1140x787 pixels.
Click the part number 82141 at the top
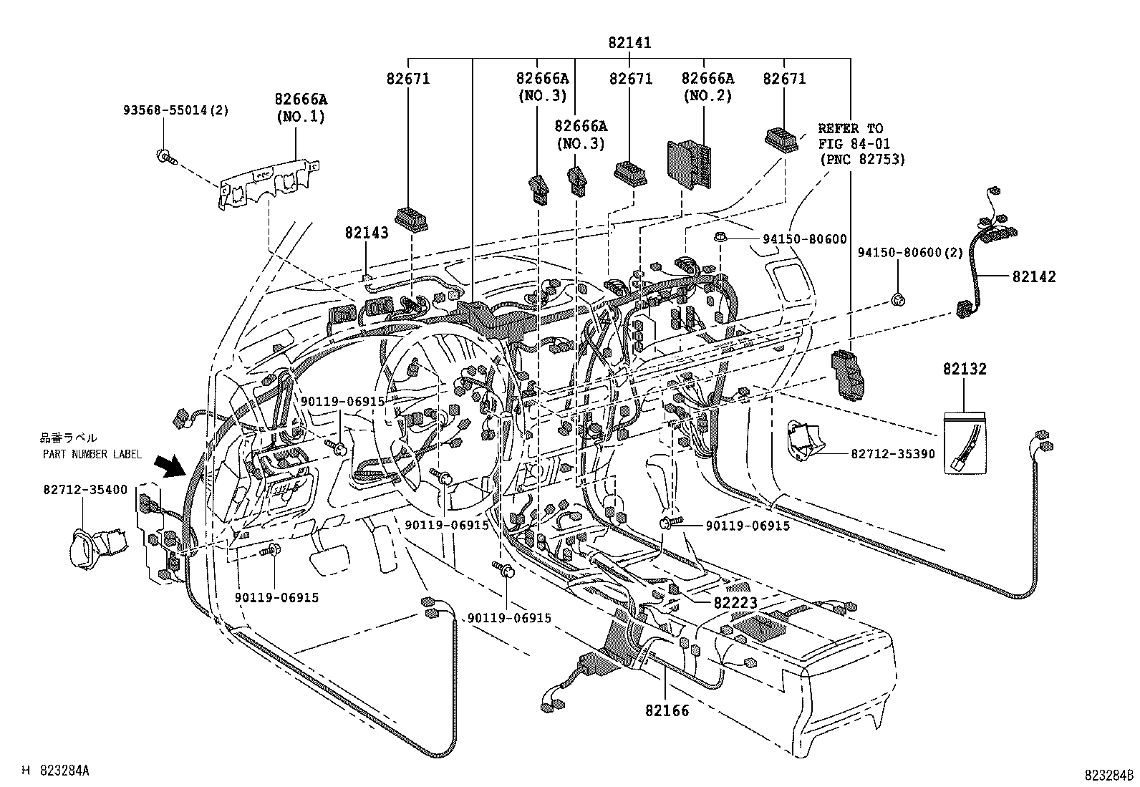pos(629,43)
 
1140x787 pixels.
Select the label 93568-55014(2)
pos(175,110)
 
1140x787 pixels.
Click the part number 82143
pos(366,233)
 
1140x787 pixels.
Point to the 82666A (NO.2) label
pos(707,87)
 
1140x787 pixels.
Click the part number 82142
pos(1033,276)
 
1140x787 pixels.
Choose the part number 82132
pos(965,370)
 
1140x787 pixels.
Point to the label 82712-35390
pos(893,454)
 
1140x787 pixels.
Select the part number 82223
pos(735,603)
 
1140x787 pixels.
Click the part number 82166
pos(667,710)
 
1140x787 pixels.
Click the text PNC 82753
pos(863,160)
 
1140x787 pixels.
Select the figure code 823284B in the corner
pos(1108,776)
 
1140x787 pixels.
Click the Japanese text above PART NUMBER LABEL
pos(69,438)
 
